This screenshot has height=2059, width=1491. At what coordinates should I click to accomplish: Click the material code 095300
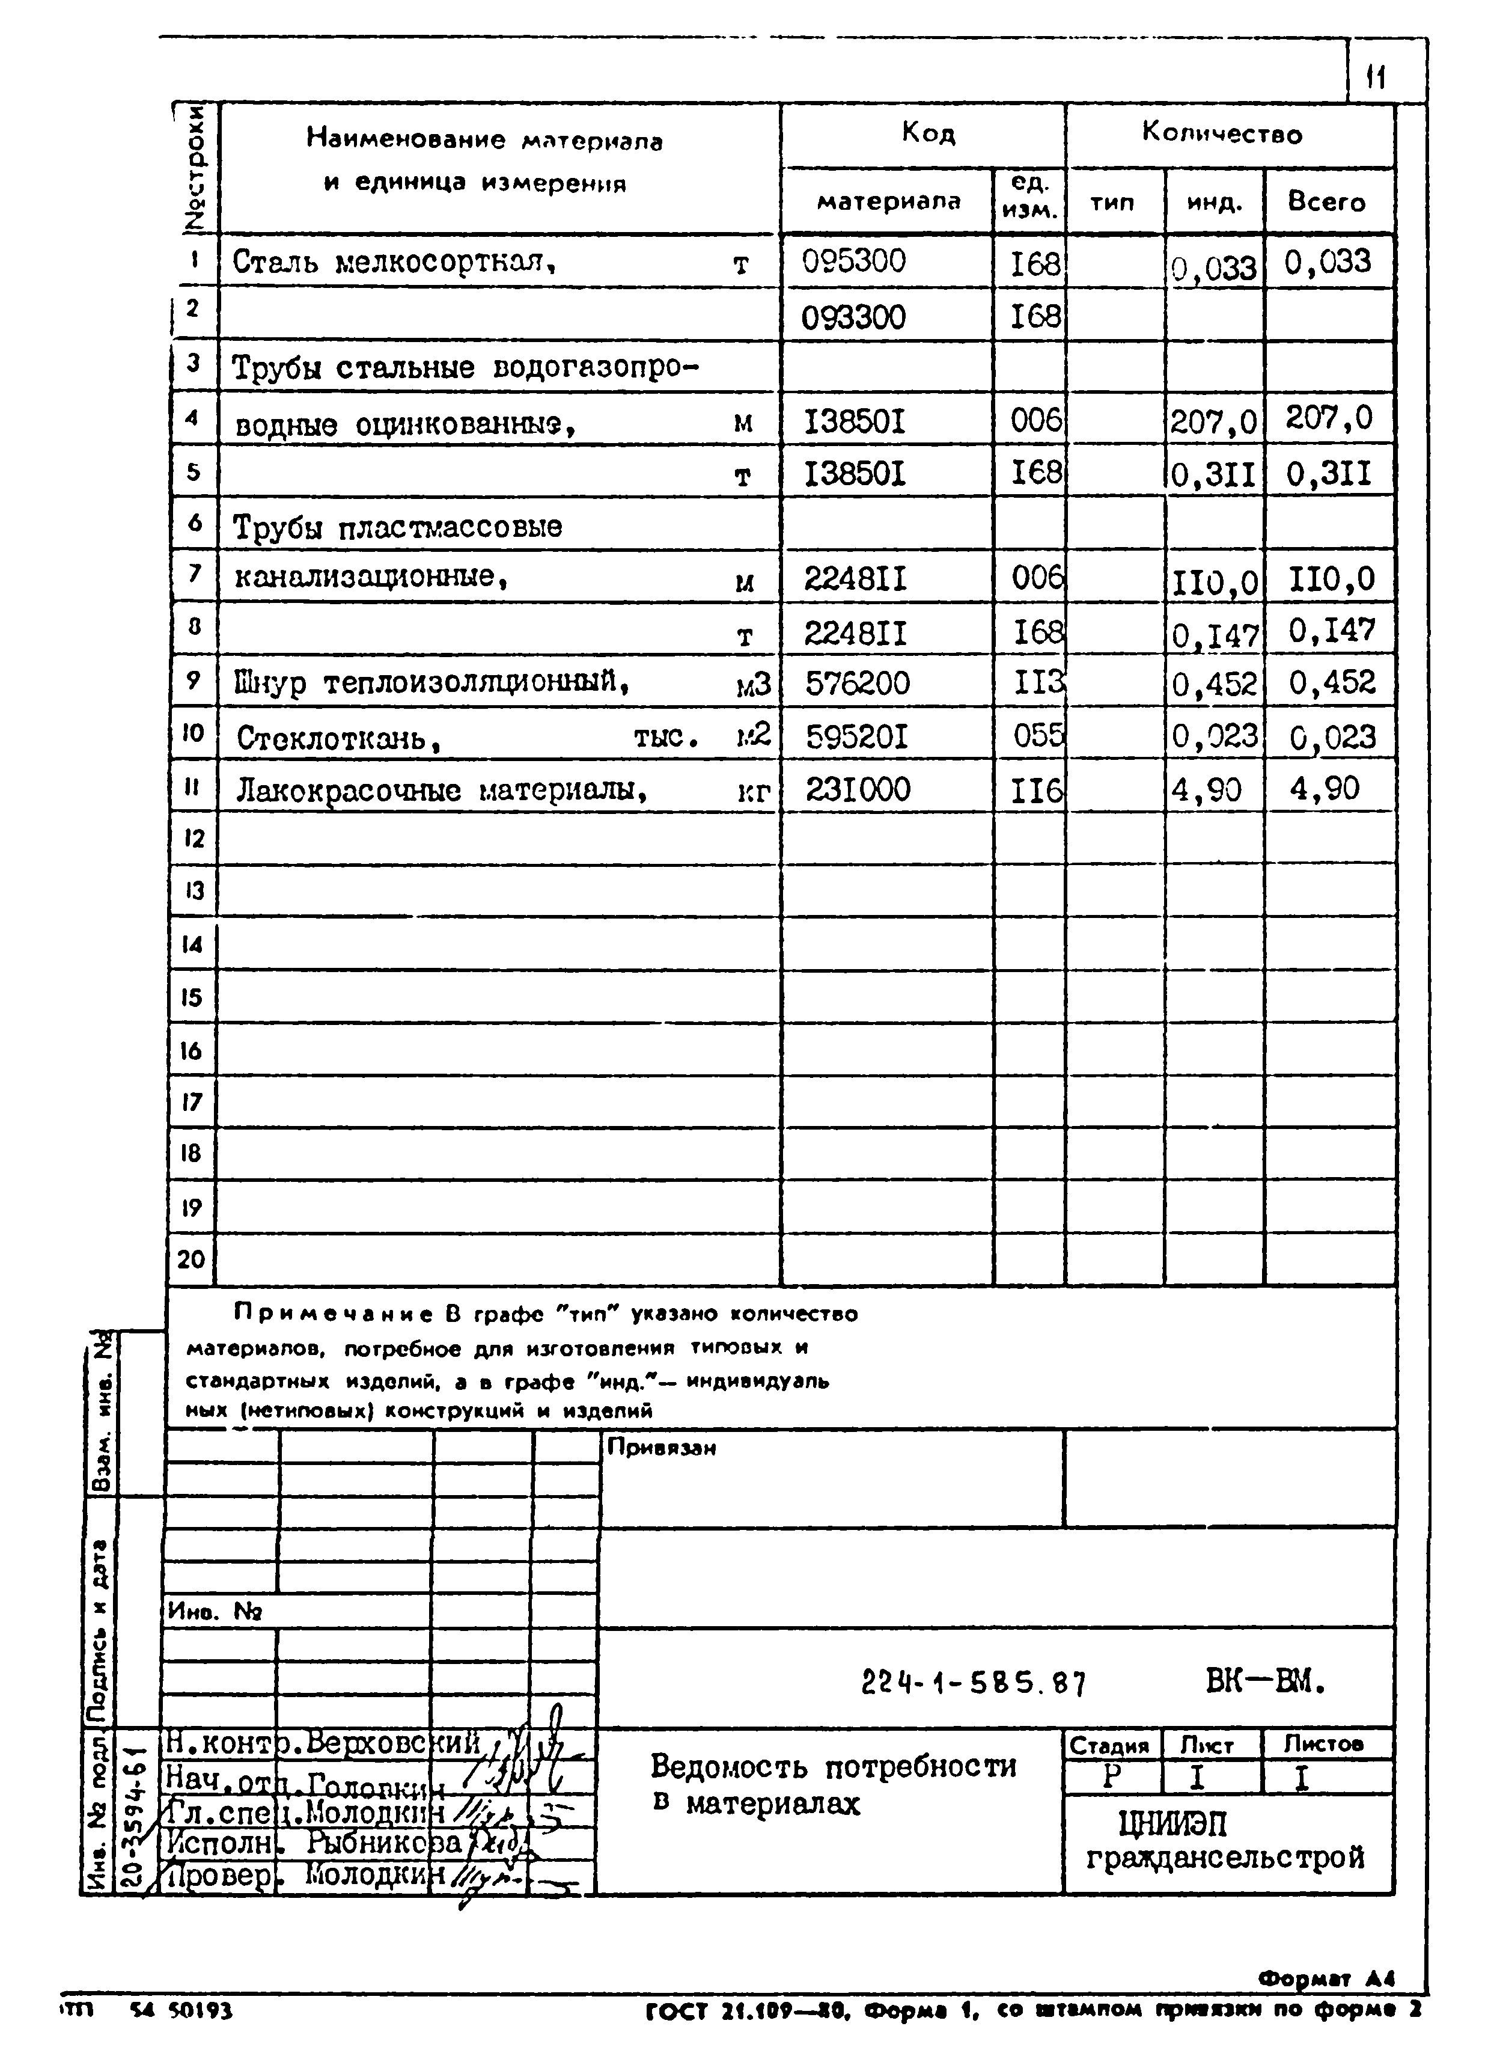point(853,262)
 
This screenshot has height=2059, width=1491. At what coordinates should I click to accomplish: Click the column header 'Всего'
point(1326,201)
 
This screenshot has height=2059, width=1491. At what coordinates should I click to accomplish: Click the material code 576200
point(856,683)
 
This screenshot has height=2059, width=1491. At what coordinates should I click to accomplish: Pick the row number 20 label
point(191,1259)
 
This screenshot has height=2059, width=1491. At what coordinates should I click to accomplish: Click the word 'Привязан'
point(660,1448)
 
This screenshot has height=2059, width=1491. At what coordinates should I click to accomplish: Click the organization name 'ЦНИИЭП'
point(1172,1823)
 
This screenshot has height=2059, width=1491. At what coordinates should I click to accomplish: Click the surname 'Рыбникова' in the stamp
point(386,1841)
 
